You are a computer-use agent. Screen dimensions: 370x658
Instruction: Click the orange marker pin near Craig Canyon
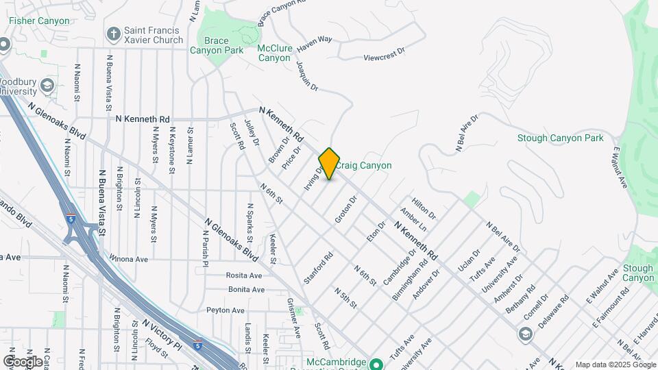330,164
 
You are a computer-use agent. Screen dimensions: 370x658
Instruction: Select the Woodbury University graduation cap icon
47,86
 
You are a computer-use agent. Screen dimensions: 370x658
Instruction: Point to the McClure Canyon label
274,53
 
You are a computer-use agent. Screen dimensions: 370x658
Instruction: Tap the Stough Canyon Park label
561,138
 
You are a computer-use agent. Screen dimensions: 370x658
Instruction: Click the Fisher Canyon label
39,21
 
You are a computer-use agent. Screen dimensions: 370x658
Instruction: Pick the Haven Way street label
315,40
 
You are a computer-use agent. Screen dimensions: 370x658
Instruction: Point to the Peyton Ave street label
225,310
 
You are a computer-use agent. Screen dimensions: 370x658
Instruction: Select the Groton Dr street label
346,210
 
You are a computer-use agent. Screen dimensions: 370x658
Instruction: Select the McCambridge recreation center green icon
375,363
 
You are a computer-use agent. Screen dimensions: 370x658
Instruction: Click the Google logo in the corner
23,361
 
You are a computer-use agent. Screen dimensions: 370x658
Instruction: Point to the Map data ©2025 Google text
615,365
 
